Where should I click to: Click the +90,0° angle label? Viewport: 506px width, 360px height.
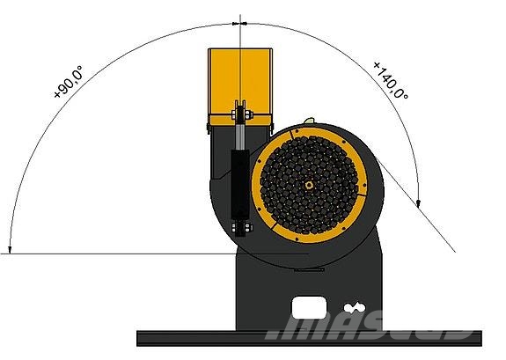(x=69, y=82)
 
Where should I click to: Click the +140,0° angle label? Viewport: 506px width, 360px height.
(x=391, y=80)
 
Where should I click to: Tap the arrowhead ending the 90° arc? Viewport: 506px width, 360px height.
(x=10, y=250)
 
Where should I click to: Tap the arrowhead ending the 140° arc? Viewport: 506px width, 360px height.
(x=418, y=203)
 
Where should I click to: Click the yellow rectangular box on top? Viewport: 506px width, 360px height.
(x=240, y=87)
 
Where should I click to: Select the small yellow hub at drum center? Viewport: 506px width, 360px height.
(x=309, y=185)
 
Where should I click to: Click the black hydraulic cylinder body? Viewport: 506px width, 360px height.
(x=240, y=183)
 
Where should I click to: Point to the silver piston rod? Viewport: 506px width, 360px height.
(x=240, y=136)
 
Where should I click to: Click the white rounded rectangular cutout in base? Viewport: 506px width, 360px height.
(x=309, y=308)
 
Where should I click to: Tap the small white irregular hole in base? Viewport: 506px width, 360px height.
(x=355, y=308)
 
